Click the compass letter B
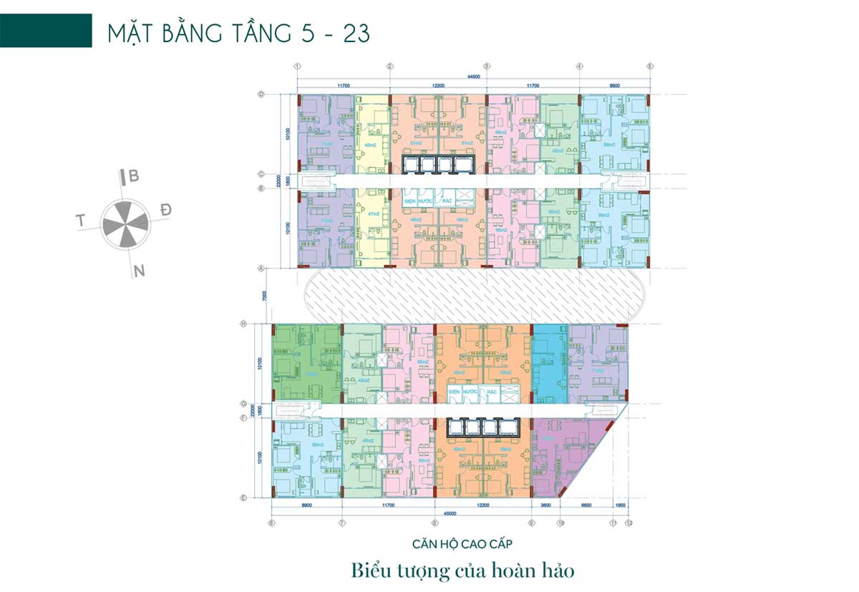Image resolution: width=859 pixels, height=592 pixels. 133,176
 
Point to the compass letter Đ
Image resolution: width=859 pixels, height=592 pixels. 166,210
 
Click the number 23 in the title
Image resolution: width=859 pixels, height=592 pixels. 356,34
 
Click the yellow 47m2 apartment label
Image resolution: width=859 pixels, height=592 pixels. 372,214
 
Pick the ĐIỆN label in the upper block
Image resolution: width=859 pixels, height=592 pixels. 410,202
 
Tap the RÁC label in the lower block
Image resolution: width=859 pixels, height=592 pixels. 492,392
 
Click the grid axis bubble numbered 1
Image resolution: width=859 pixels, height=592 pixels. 296,67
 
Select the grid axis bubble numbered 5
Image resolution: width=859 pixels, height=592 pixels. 650,67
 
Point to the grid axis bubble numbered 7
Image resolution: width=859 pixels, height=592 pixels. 341,523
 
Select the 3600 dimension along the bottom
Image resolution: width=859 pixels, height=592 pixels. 547,505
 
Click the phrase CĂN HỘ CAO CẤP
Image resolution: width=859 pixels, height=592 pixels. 462,544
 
